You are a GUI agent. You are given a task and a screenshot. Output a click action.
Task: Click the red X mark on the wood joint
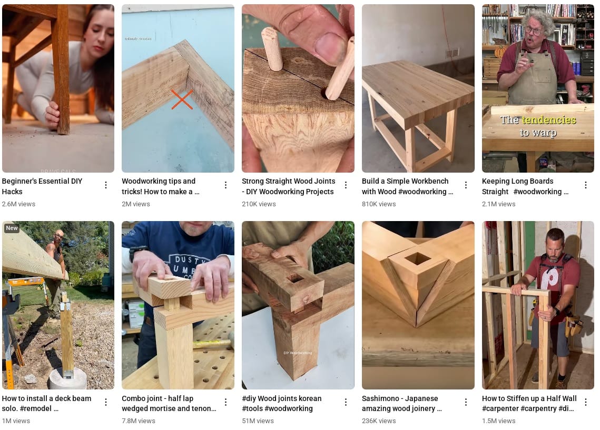click(182, 99)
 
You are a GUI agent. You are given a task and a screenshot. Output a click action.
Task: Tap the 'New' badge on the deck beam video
click(12, 228)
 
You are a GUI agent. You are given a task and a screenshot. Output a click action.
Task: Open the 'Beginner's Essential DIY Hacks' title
click(42, 186)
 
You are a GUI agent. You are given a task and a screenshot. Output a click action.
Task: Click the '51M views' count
click(258, 421)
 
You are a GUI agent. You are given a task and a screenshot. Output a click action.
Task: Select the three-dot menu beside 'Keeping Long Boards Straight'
click(586, 185)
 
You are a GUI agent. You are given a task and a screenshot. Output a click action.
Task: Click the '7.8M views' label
click(139, 421)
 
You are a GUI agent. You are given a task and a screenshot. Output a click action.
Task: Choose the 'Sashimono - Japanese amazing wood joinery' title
click(401, 403)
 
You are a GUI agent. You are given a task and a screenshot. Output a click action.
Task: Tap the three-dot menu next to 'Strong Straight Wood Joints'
click(346, 185)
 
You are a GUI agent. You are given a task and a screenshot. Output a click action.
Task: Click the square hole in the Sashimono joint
click(417, 258)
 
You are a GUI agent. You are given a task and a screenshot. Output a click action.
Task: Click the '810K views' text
click(379, 204)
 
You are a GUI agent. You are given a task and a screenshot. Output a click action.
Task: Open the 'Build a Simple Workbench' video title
click(407, 186)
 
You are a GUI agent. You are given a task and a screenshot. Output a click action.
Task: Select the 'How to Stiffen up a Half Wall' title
click(529, 403)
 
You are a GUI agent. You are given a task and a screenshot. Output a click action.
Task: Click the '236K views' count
click(379, 421)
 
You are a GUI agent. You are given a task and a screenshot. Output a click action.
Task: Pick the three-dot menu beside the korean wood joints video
click(346, 402)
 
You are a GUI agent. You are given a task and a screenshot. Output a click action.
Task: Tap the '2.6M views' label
click(18, 204)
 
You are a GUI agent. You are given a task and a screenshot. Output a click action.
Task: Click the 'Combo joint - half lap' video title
click(169, 403)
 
